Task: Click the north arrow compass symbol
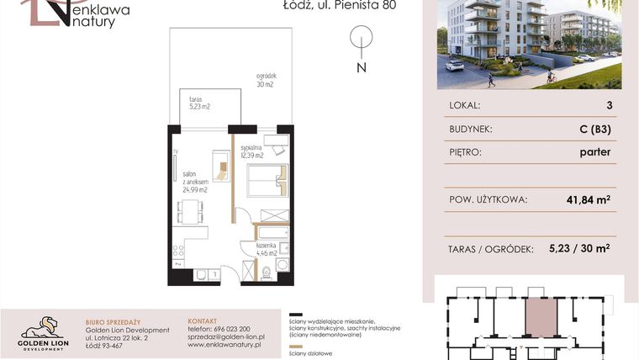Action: (361, 40)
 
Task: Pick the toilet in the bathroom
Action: (267, 271)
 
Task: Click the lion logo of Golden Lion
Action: (42, 326)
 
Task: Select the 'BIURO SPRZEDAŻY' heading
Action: (114, 320)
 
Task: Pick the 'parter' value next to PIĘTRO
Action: (594, 153)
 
